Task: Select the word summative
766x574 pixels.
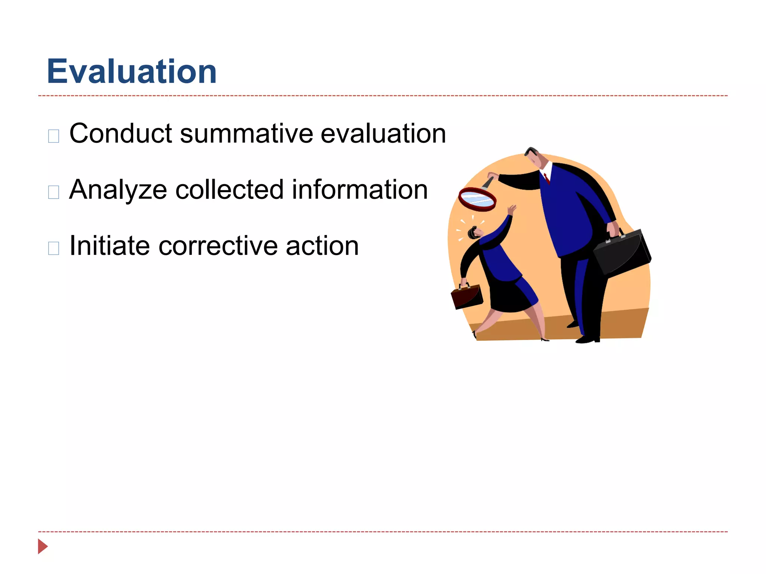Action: pyautogui.click(x=246, y=133)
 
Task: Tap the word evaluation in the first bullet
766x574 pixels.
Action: pyautogui.click(x=383, y=133)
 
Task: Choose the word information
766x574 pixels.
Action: pyautogui.click(x=360, y=190)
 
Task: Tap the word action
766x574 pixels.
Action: pyautogui.click(x=322, y=246)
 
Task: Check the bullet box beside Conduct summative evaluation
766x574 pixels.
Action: pyautogui.click(x=54, y=136)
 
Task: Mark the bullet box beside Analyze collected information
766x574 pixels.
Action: pyautogui.click(x=54, y=192)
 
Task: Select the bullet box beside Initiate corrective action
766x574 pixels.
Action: pyautogui.click(x=54, y=249)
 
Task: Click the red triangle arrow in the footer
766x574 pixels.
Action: pyautogui.click(x=43, y=546)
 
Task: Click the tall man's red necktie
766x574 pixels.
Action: pyautogui.click(x=547, y=178)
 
